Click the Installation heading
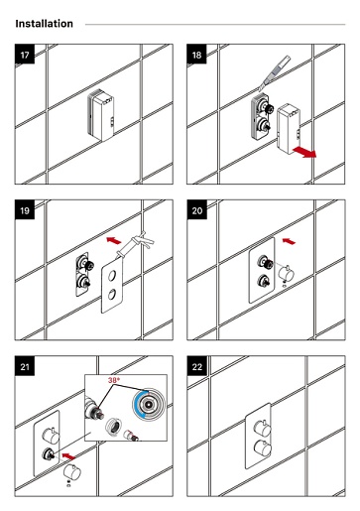coord(45,24)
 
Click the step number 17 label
coord(25,55)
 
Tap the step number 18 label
coord(196,55)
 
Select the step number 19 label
coord(25,210)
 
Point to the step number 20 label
coord(196,210)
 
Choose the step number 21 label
coord(25,366)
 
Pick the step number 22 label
coord(196,366)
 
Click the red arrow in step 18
coord(304,152)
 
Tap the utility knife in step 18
coord(275,73)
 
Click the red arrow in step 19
coord(114,240)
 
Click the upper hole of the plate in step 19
coord(112,275)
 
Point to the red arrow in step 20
coord(289,241)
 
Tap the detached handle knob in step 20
coord(287,272)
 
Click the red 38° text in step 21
coord(114,380)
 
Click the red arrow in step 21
coord(69,456)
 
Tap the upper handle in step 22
coord(263,428)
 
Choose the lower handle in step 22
coord(263,448)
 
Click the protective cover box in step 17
coord(101,115)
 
